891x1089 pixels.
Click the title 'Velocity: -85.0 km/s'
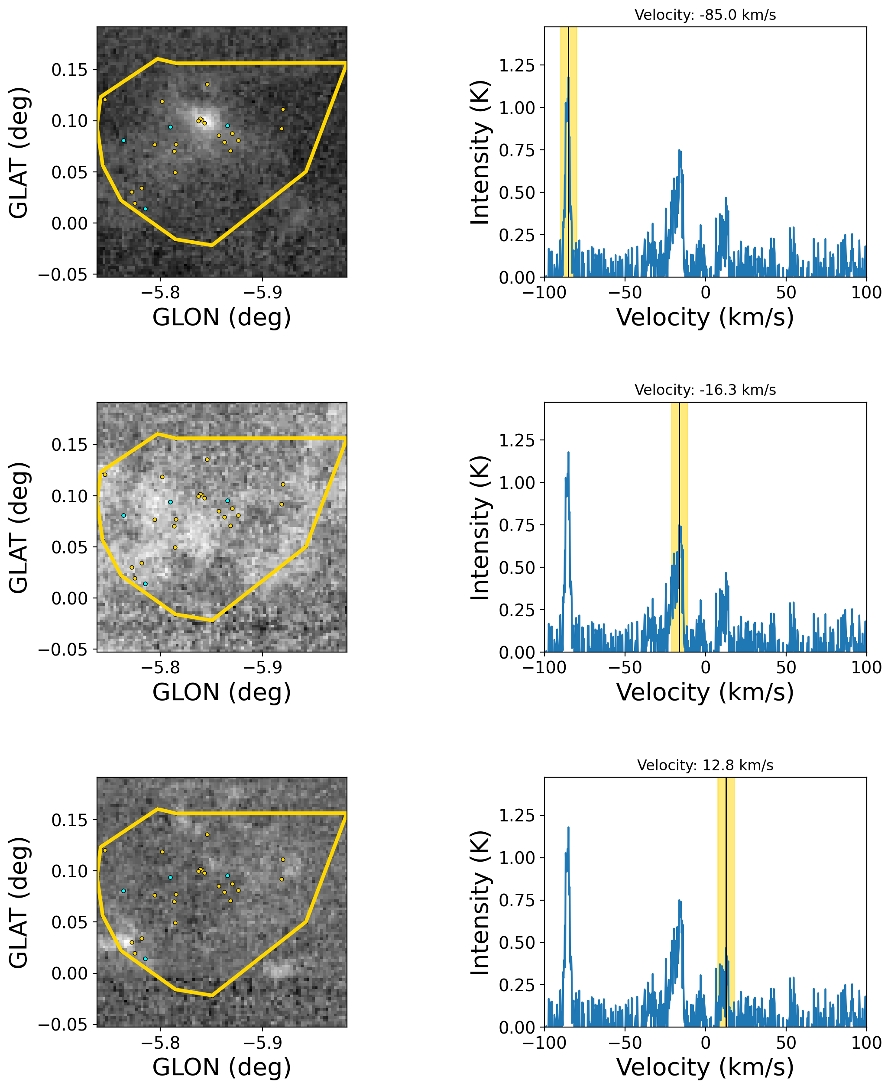coord(705,15)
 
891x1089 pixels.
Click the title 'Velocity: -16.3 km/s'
coord(705,390)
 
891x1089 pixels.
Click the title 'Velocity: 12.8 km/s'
coord(705,765)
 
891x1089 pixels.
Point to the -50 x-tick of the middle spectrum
coord(625,667)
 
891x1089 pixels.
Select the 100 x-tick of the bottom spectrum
coord(866,1042)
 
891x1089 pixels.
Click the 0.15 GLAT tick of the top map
coord(70,70)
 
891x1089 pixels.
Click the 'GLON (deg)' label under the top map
coord(222,317)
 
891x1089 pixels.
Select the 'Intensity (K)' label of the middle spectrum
coord(480,528)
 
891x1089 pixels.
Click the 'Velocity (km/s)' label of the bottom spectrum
coord(705,1067)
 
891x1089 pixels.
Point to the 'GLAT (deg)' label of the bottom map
coord(19,903)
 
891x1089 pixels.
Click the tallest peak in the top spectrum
coord(568,78)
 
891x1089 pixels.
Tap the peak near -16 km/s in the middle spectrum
coord(680,526)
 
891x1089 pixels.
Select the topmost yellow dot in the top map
coord(207,84)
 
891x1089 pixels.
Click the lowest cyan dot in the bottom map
coord(145,959)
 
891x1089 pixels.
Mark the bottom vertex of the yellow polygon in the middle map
coord(211,620)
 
